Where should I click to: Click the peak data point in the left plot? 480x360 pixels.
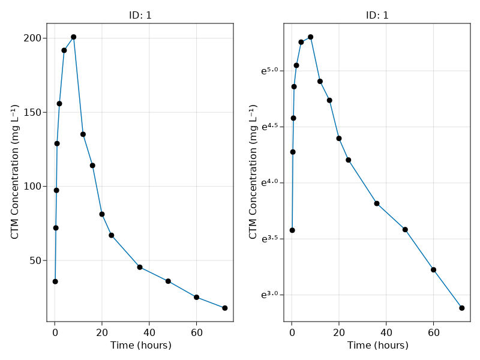coord(73,37)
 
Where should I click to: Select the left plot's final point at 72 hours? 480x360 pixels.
coord(225,308)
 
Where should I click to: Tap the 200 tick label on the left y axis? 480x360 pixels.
coord(32,38)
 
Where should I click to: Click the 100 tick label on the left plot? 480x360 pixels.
coord(32,187)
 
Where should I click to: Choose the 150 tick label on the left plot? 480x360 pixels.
coord(32,112)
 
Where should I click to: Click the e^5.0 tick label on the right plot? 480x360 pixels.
coord(269,71)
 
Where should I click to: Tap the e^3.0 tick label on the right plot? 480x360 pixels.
coord(269,295)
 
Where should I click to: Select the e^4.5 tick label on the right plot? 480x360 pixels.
coord(269,127)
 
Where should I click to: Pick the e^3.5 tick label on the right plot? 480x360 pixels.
coord(269,239)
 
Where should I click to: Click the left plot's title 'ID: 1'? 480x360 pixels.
coord(140,16)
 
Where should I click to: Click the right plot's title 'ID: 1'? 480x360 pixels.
coord(377,16)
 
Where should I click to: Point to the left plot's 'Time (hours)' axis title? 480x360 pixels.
coord(140,346)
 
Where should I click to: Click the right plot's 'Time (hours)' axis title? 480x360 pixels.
coord(377,346)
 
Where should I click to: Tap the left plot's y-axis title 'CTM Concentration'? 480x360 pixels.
coord(15,173)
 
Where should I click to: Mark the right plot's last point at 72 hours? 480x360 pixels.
coord(462,308)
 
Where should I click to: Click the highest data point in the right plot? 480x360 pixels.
coord(311,37)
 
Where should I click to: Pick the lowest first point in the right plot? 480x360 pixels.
coord(292,230)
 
